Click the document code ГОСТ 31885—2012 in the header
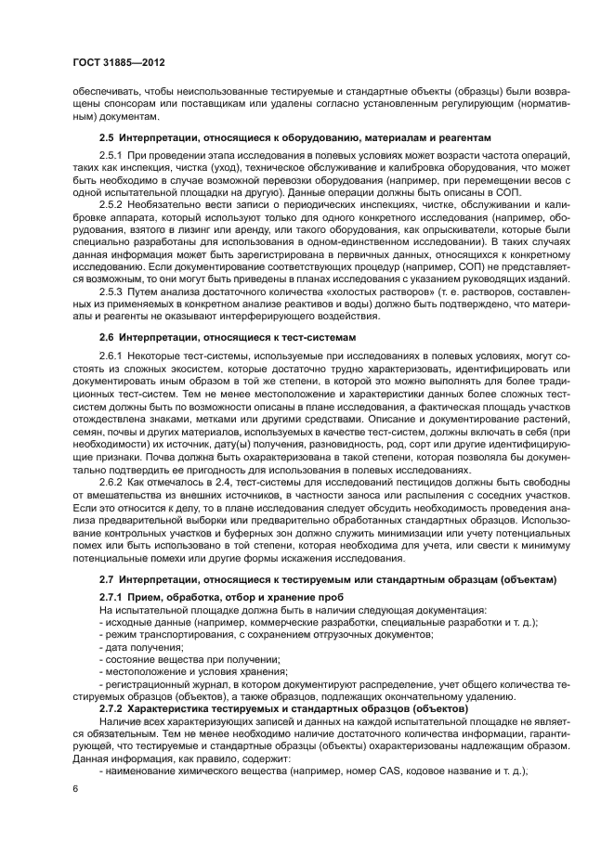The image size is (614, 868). [x=120, y=64]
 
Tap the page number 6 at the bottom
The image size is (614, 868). [x=75, y=788]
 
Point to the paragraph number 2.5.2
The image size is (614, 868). [x=111, y=201]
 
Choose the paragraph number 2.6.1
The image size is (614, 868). [x=111, y=356]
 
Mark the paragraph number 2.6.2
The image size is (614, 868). [x=111, y=486]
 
